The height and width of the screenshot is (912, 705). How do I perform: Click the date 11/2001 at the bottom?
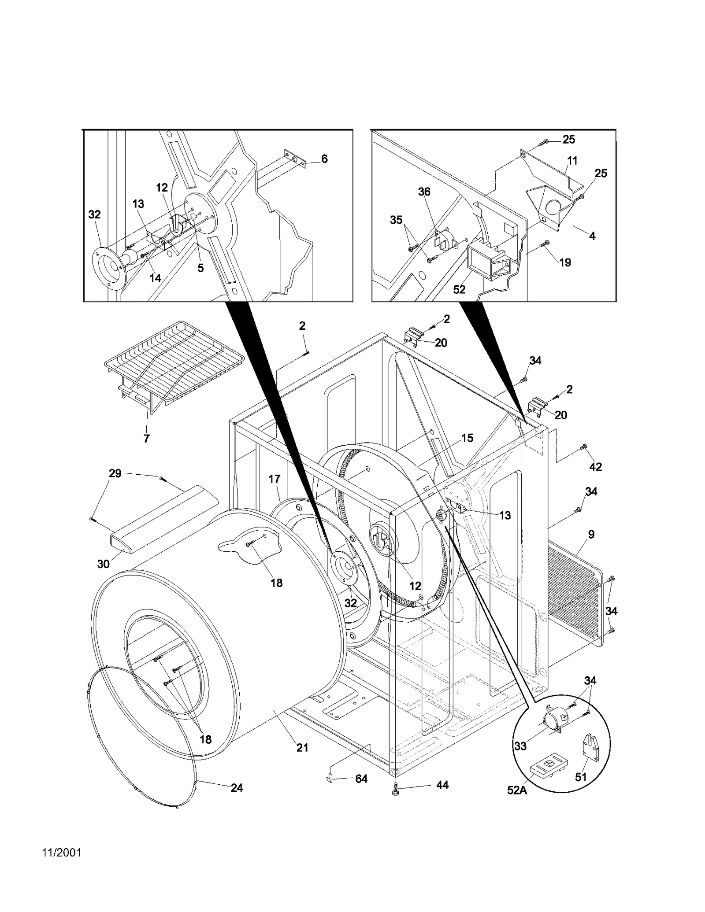click(62, 865)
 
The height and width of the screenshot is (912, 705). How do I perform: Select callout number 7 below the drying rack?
click(146, 439)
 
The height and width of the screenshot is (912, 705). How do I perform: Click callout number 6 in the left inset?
click(324, 159)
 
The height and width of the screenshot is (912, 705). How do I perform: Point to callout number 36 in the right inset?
click(424, 192)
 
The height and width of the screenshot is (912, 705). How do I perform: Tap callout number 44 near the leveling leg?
click(442, 785)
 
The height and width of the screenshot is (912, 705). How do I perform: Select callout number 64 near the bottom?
click(361, 779)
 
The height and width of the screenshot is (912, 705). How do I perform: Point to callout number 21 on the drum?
click(302, 747)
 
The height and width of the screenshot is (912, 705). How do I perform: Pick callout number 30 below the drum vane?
click(103, 564)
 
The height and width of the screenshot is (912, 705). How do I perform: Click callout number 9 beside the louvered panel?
click(591, 534)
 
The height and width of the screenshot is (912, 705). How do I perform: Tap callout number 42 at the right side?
click(595, 467)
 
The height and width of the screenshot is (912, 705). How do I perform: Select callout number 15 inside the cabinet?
click(467, 438)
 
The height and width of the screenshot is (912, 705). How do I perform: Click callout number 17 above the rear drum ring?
click(275, 479)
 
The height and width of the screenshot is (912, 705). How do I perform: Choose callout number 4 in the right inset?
click(592, 236)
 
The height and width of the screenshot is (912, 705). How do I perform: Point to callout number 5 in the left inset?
click(200, 268)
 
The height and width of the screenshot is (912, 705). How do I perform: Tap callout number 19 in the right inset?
click(565, 262)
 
